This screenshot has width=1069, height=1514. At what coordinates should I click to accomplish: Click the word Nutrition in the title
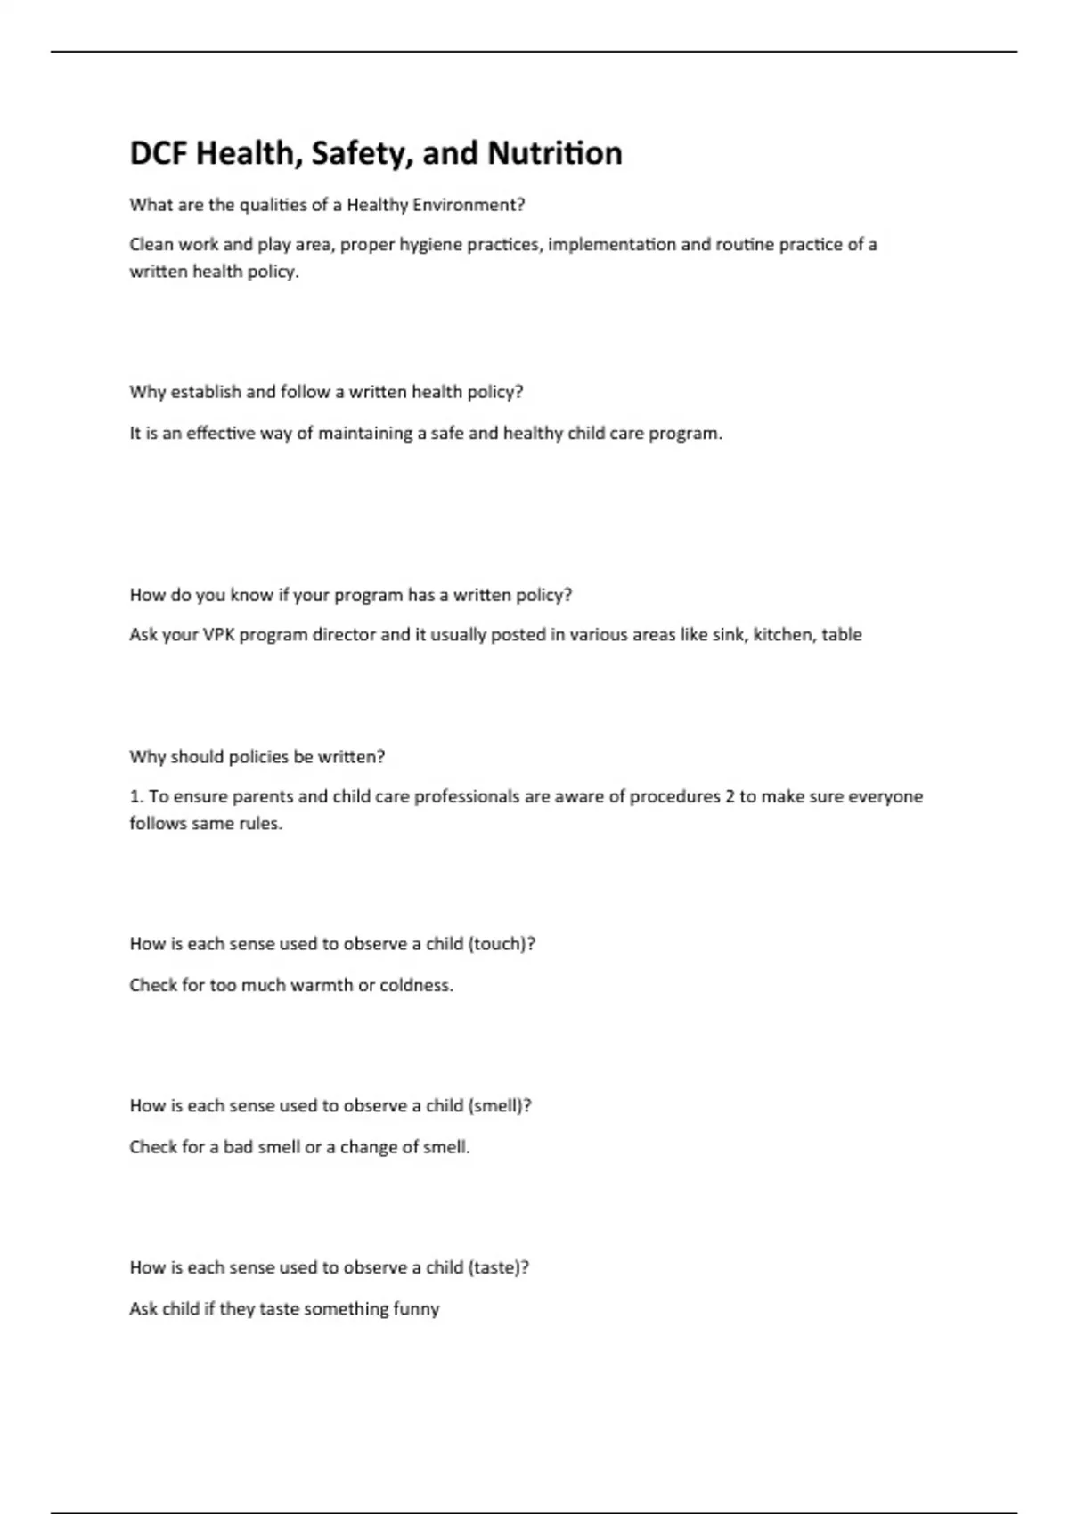pyautogui.click(x=555, y=153)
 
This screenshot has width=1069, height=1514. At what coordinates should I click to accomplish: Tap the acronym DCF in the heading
pyautogui.click(x=159, y=153)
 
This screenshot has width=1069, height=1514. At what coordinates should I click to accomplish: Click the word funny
pyautogui.click(x=416, y=1309)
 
